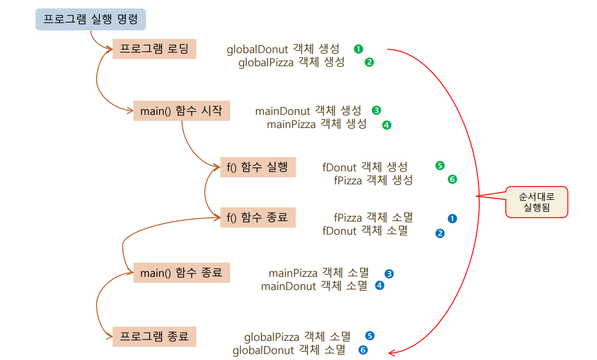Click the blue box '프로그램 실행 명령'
click(90, 20)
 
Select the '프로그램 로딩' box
click(154, 49)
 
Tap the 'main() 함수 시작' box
click(182, 111)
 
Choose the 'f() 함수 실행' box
click(257, 167)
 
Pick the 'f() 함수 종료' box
click(257, 217)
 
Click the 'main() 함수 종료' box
click(182, 272)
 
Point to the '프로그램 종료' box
click(154, 336)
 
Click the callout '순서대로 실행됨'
click(536, 202)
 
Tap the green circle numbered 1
click(358, 49)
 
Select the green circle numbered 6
click(452, 179)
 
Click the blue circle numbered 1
click(452, 218)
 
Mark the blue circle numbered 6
click(362, 350)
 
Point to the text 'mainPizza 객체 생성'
click(317, 124)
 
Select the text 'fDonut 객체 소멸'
click(365, 231)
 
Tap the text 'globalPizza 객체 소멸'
click(297, 336)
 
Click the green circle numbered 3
click(376, 111)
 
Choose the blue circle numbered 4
click(379, 285)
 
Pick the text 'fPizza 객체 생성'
click(373, 180)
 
